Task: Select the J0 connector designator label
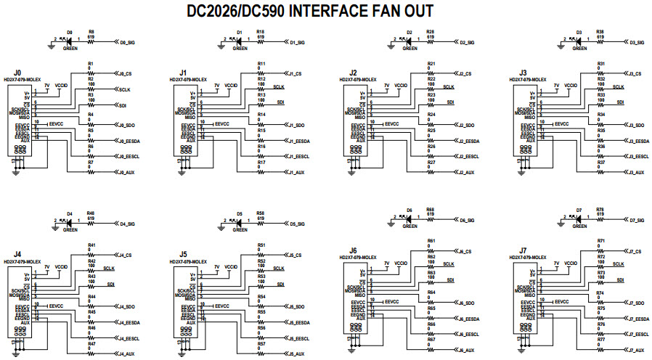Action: (x=17, y=73)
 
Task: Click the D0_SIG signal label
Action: (x=128, y=43)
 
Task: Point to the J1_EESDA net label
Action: (x=298, y=140)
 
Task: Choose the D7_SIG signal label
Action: (x=637, y=220)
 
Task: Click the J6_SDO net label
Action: (x=466, y=302)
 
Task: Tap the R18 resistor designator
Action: (x=261, y=32)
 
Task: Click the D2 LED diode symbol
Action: (x=409, y=42)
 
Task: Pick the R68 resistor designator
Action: (x=431, y=209)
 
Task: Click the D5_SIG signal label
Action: (x=298, y=224)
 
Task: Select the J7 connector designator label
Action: (x=523, y=250)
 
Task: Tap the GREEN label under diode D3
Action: (x=579, y=49)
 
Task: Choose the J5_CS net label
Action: (x=294, y=255)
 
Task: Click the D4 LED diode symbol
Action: (x=69, y=224)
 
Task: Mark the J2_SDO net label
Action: (x=466, y=125)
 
